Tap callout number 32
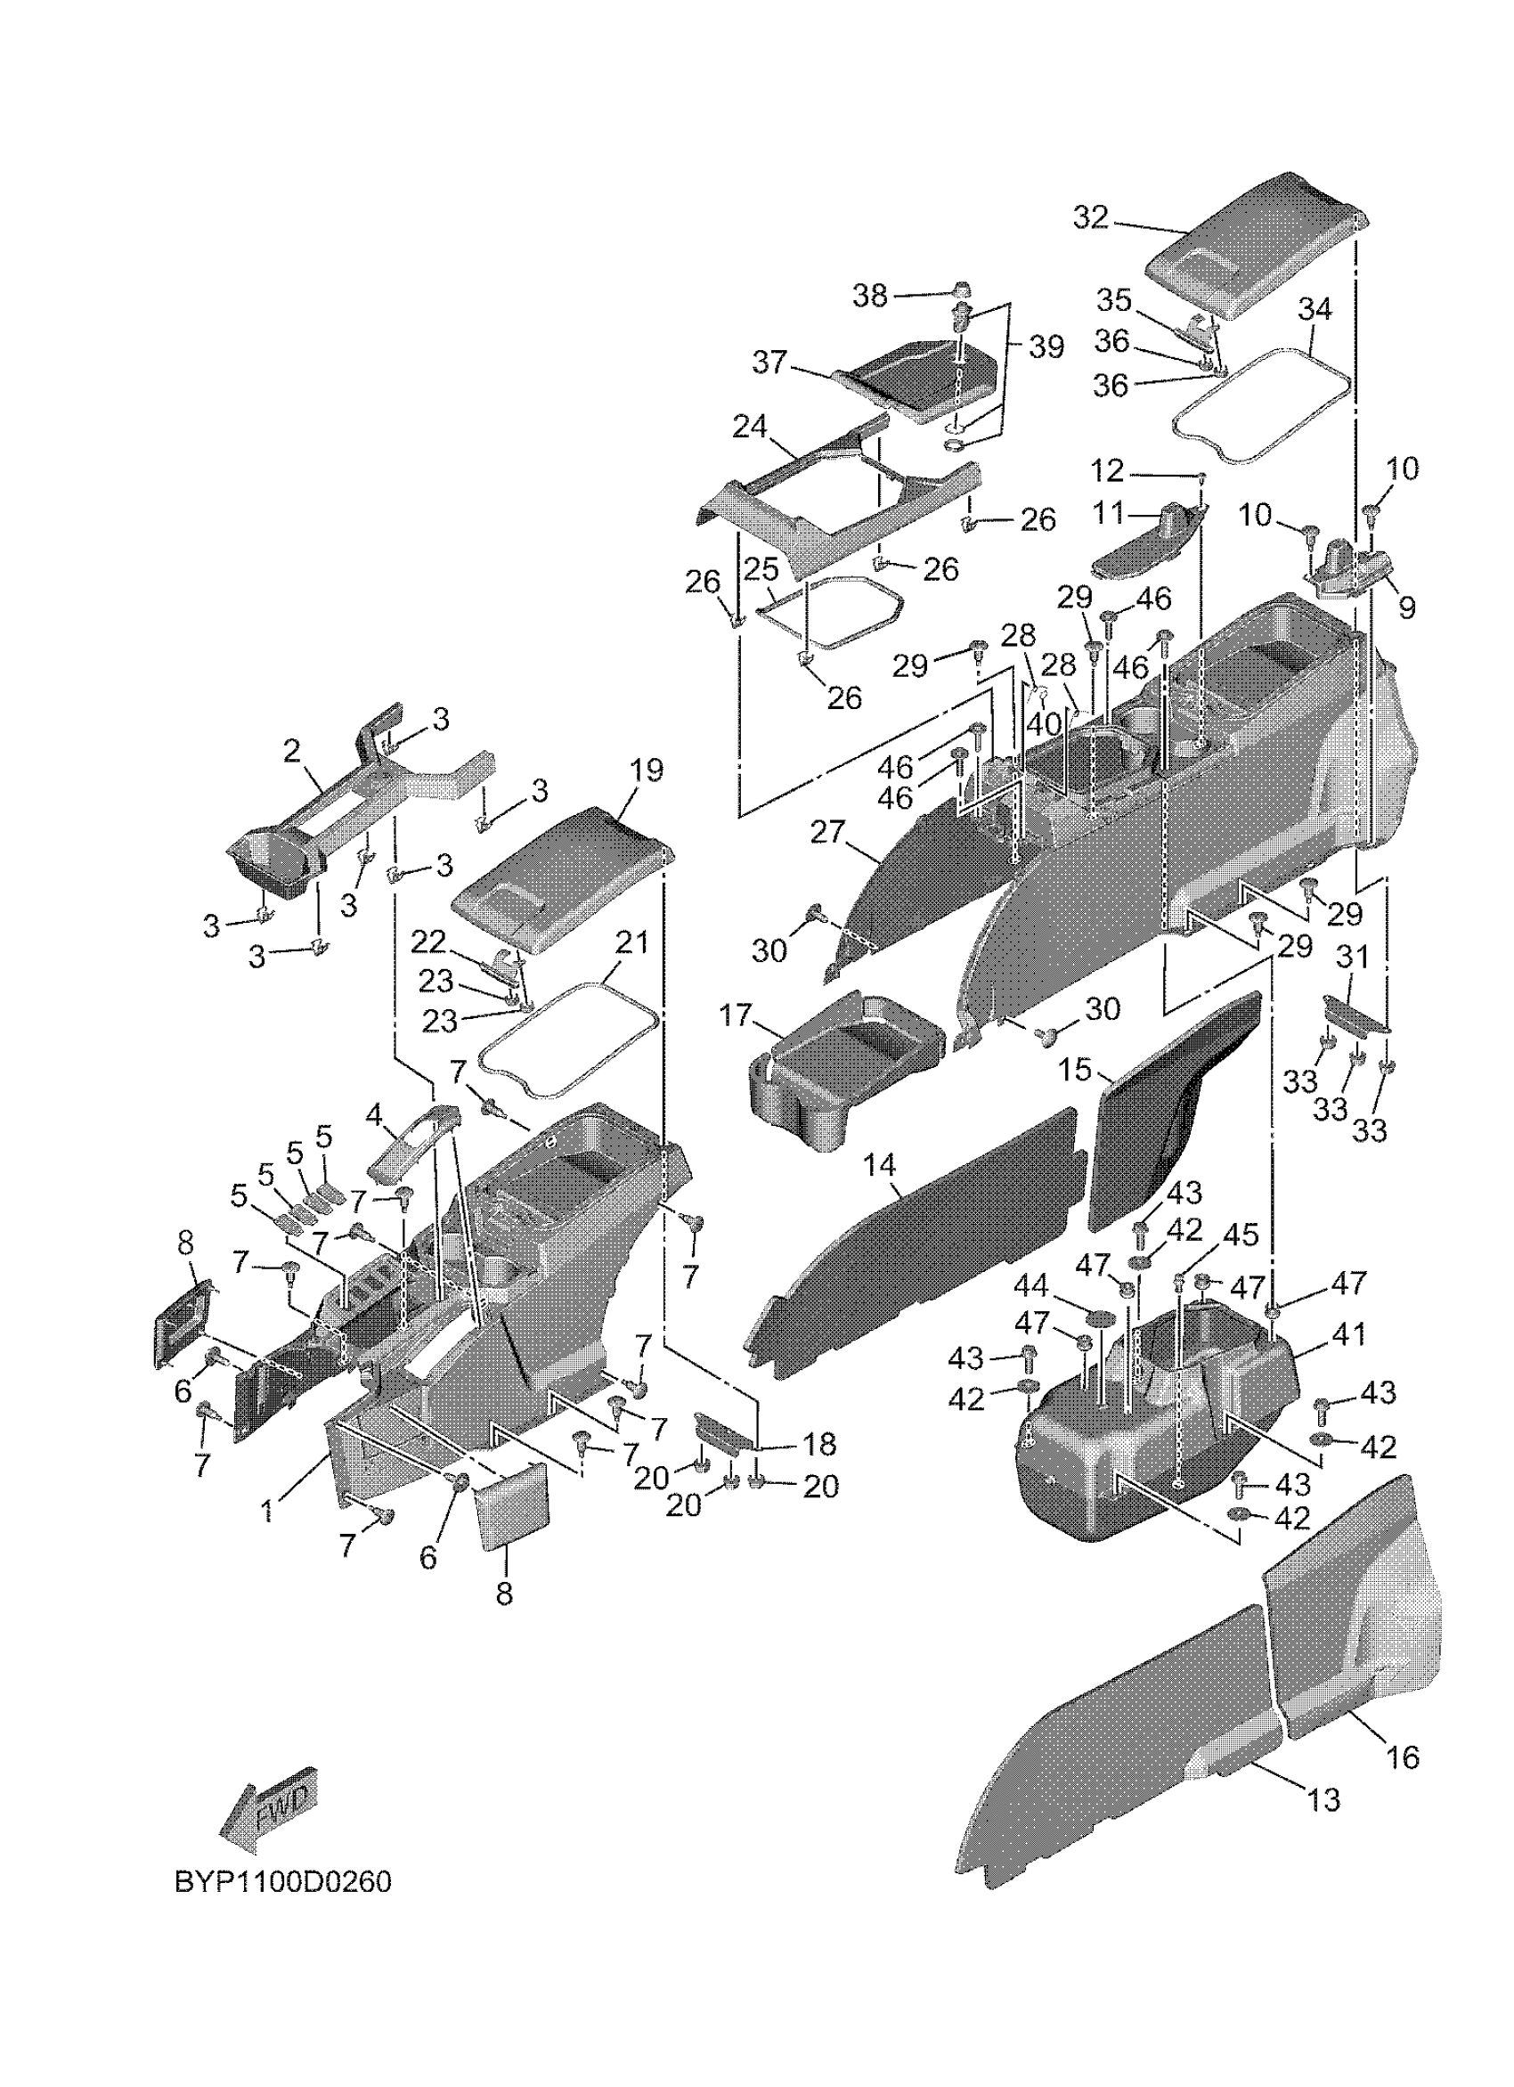pyautogui.click(x=1091, y=218)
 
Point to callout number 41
pyautogui.click(x=1348, y=1333)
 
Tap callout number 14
pyautogui.click(x=879, y=1166)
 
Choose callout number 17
pyautogui.click(x=736, y=1017)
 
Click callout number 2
pyautogui.click(x=291, y=752)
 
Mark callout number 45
pyautogui.click(x=1239, y=1234)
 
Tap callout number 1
pyautogui.click(x=268, y=1510)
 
